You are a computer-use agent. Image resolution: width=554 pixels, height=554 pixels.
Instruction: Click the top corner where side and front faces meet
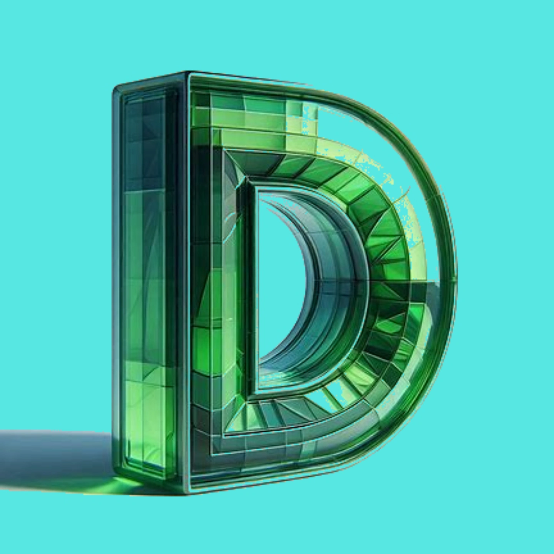click(187, 72)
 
